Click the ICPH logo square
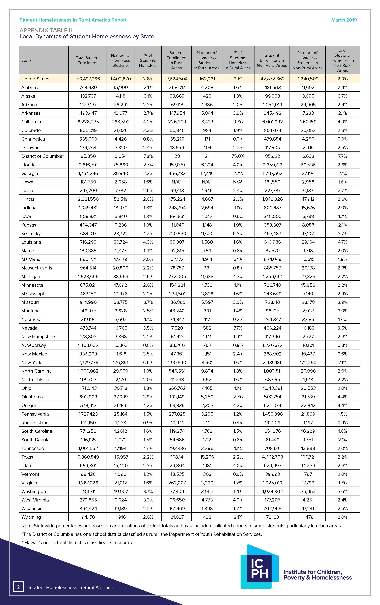tap(259, 568)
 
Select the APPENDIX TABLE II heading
tap(46, 30)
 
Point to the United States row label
tap(35, 79)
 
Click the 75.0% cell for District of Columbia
tap(238, 156)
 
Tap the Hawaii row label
tap(28, 182)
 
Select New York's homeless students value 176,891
tap(121, 362)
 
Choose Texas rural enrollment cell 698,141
tap(177, 457)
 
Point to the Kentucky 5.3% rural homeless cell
tap(238, 233)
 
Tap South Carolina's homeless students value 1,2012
tap(121, 431)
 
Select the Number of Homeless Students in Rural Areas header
tap(206, 60)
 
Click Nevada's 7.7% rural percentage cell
tap(238, 328)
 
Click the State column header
tap(26, 60)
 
